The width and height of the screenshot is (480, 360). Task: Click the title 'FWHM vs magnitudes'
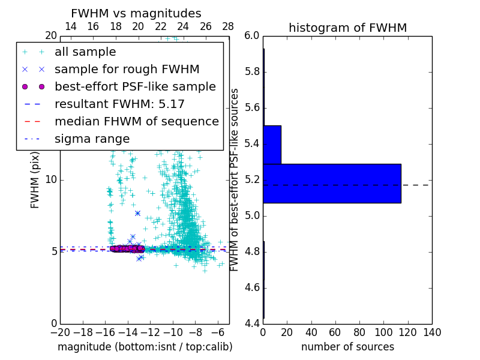tap(136, 14)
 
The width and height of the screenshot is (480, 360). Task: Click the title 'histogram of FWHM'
tap(347, 28)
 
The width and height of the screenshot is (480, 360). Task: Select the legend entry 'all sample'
tap(85, 52)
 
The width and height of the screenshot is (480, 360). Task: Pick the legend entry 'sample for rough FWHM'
tap(127, 70)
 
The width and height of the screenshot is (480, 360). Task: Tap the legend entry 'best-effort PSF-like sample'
tap(135, 87)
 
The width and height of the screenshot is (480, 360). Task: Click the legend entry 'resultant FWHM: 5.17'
tap(119, 104)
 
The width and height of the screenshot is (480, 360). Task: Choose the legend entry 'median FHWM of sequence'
tap(136, 122)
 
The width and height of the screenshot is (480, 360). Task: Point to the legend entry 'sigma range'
tap(92, 139)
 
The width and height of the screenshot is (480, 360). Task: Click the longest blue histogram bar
tap(332, 183)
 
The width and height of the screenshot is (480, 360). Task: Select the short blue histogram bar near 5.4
tap(272, 145)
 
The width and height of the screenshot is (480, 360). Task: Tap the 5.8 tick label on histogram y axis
tap(252, 72)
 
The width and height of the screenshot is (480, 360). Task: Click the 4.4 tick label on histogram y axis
tap(252, 323)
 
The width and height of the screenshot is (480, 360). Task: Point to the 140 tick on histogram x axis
tap(432, 333)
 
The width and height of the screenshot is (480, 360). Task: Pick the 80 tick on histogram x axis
tap(359, 333)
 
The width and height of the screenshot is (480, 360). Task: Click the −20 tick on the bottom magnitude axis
tap(60, 333)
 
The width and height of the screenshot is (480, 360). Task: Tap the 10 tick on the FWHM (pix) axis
tap(51, 179)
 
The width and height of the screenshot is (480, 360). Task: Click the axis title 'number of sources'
tap(347, 347)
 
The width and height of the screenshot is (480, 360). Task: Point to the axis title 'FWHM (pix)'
tap(35, 180)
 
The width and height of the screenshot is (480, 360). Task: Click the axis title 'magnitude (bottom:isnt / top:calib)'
tap(145, 347)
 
